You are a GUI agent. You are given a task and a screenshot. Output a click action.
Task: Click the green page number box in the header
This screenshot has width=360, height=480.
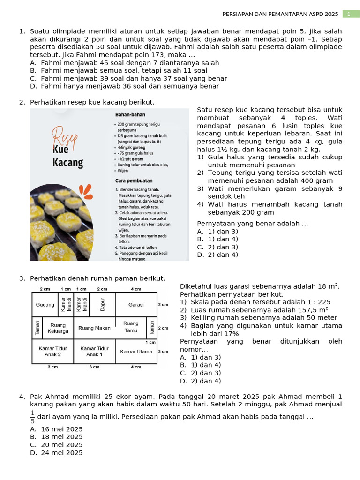[349, 14]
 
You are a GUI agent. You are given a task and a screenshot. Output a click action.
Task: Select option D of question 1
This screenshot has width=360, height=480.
[125, 86]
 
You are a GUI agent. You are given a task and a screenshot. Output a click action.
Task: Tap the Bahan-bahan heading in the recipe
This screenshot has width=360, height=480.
[130, 114]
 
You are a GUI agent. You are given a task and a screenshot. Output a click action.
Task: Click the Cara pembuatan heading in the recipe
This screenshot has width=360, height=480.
[134, 180]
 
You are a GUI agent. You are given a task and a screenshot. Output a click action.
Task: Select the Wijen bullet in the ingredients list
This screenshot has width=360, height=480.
[122, 171]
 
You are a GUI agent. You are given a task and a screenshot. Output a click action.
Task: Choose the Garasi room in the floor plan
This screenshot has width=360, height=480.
[136, 304]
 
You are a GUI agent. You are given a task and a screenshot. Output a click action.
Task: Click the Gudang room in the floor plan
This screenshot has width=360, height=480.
[45, 304]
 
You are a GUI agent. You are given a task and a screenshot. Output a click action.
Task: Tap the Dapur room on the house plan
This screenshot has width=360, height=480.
[103, 304]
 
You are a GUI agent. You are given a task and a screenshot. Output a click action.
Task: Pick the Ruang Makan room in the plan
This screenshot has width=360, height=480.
[94, 328]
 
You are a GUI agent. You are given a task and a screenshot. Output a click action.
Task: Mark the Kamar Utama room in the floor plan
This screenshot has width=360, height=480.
[136, 352]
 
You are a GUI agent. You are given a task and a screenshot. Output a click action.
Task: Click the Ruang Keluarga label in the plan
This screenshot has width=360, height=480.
[58, 328]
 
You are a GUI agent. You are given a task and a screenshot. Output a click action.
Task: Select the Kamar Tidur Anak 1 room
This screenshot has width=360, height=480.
[94, 352]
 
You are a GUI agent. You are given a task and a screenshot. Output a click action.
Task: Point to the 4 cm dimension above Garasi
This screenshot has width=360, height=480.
[136, 289]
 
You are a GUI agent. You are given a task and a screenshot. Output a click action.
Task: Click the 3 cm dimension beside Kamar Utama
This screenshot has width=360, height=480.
[163, 351]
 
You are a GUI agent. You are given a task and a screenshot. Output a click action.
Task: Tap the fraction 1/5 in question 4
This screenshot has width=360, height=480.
[32, 417]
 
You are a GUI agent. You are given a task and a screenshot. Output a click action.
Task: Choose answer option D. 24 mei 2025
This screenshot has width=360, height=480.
[56, 453]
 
